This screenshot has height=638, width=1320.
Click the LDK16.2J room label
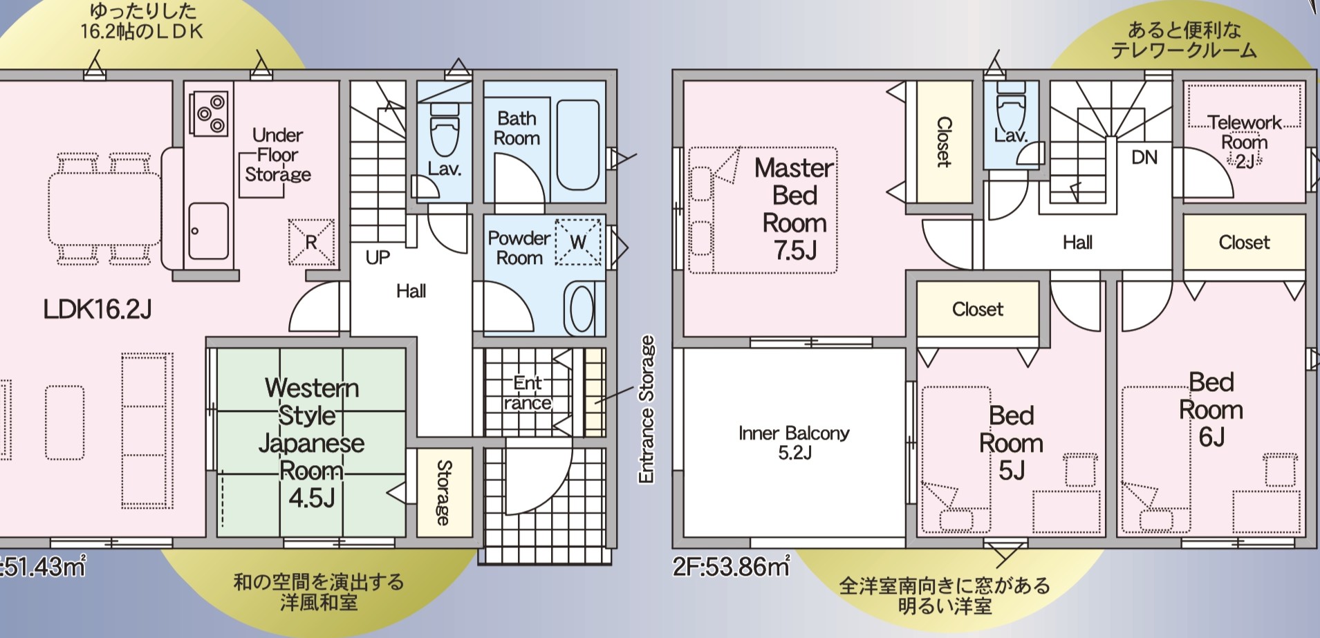coord(97,309)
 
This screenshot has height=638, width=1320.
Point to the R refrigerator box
coord(310,242)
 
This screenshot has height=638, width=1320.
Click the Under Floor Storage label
coord(278,155)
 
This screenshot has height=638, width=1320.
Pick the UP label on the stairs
coord(378,258)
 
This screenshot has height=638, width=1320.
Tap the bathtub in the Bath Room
coord(578,144)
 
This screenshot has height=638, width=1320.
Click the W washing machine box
coord(578,242)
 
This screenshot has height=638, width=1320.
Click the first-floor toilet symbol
coord(444,131)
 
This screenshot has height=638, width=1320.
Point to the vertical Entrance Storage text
coord(646,409)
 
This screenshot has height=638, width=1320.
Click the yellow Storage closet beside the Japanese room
coord(444,492)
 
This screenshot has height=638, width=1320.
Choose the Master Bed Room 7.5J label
coord(794,209)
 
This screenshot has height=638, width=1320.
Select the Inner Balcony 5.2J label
coord(794,442)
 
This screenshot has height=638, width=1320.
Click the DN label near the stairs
coord(1144,158)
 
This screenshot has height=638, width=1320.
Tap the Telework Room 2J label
coord(1245,142)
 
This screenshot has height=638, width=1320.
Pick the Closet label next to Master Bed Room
coord(944,142)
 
